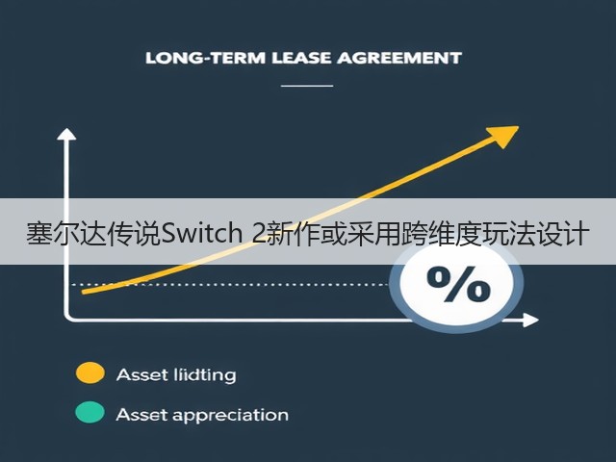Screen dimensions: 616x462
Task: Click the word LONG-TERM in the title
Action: (205, 58)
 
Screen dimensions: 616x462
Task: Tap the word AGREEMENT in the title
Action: (398, 58)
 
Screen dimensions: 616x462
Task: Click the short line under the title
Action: (307, 86)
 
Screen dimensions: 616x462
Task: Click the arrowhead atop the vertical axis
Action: (66, 134)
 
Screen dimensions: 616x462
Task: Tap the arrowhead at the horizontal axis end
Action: (530, 321)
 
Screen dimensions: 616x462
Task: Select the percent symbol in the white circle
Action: (458, 285)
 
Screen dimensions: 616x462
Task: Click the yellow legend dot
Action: (90, 372)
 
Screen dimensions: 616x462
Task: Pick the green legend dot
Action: (90, 413)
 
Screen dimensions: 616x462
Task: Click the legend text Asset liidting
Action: (176, 374)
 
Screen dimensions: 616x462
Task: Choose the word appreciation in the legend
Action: (230, 416)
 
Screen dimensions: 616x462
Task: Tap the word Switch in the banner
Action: (201, 233)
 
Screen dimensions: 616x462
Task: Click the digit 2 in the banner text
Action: (259, 233)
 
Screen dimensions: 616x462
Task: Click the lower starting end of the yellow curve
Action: (83, 292)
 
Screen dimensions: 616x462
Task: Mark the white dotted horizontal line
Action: (231, 284)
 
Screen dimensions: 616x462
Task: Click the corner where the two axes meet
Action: (66, 319)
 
